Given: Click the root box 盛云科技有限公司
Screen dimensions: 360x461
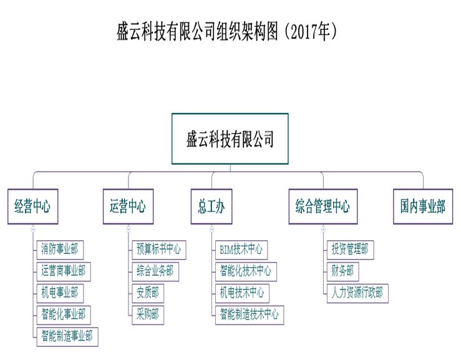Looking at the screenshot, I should click(230, 139).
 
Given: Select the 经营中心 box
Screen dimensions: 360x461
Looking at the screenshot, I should click(32, 206).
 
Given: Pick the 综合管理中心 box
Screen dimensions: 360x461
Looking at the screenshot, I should click(323, 206).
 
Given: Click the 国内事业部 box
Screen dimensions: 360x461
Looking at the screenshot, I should click(423, 206).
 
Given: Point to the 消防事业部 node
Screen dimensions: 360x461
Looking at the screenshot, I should click(60, 250).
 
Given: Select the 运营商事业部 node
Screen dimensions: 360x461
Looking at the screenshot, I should click(63, 271).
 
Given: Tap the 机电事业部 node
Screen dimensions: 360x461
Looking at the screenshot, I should click(60, 292).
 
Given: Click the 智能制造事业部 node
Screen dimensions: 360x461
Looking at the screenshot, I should click(66, 336).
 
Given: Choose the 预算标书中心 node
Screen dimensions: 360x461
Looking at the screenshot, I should click(158, 250).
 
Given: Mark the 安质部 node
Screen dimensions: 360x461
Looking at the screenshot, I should click(147, 292).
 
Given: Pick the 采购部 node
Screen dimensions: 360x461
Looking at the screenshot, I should click(147, 314).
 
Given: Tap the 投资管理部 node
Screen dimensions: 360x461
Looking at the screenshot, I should click(350, 250).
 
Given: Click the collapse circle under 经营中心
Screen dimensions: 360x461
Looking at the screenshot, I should click(32, 229).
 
